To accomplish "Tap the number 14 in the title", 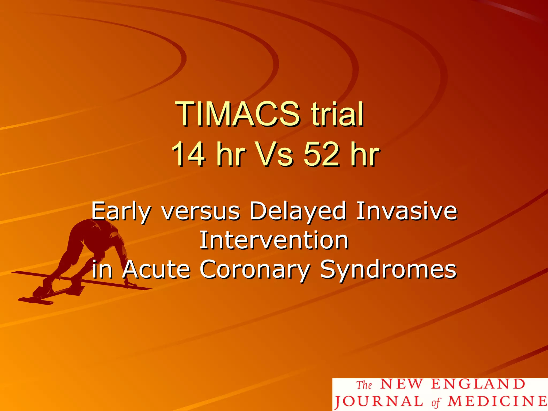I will click(x=188, y=155).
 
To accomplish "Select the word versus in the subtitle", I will click(x=201, y=211).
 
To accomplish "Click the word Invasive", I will click(x=407, y=211).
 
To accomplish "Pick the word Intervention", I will click(x=274, y=240).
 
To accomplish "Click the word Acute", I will click(x=156, y=269).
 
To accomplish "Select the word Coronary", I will click(x=255, y=269).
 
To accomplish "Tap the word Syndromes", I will click(x=388, y=269).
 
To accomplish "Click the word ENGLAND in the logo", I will click(x=478, y=384).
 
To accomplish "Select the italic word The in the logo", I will click(x=364, y=385).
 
